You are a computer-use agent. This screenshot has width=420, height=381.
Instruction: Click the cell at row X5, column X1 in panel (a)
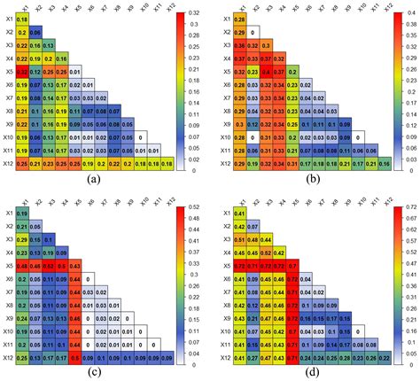(22, 70)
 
